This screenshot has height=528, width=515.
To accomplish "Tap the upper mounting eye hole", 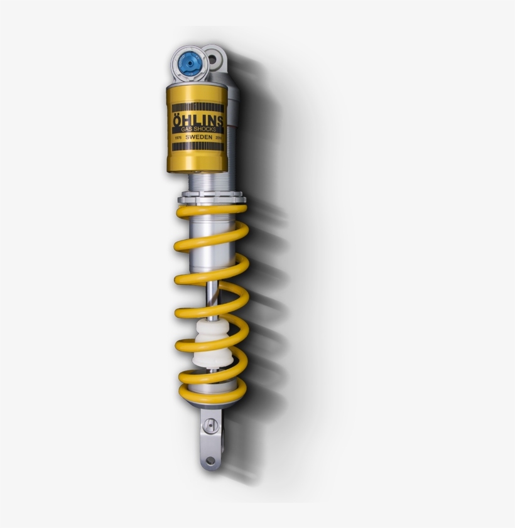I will [x=214, y=60].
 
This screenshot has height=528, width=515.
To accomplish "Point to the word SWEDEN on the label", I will [x=198, y=137].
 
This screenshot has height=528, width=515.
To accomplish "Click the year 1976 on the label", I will [x=178, y=137].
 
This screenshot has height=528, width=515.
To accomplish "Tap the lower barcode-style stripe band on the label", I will [x=197, y=146].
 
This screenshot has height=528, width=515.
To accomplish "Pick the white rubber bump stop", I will [x=210, y=345].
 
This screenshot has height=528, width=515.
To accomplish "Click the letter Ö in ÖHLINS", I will [x=175, y=120].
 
